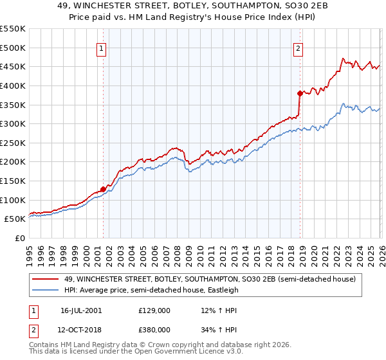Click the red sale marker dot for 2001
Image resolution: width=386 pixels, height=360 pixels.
coord(103,189)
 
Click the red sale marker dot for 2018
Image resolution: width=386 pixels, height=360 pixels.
coord(300,93)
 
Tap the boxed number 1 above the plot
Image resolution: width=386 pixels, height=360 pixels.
coord(103,47)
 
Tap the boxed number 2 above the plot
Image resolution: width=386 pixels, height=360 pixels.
coord(299,47)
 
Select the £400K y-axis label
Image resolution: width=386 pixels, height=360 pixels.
coord(13,85)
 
